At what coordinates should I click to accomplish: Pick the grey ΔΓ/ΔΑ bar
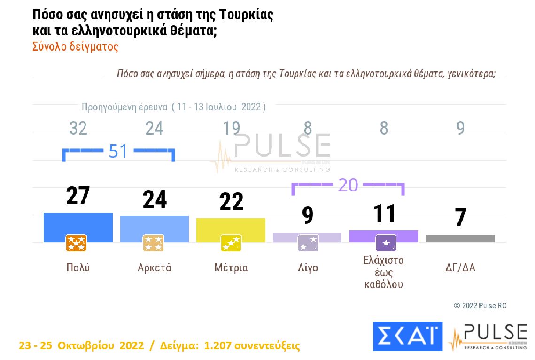coord(460,238)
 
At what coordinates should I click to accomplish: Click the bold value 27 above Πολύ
coord(78,196)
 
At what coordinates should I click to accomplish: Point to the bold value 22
coord(231,201)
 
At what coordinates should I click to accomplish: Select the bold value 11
coord(384,214)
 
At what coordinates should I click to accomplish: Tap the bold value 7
coord(461,217)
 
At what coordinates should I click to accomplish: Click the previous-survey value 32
coord(78,128)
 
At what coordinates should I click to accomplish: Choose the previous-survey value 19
coord(231,128)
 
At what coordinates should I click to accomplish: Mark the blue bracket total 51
coord(118,152)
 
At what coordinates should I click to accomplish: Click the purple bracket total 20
coord(348,185)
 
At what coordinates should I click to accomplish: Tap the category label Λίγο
coord(308,268)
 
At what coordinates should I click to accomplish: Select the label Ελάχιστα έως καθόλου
coord(384,272)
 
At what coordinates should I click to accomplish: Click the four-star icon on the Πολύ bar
coord(76,243)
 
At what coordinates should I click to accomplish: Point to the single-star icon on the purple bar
coord(386,243)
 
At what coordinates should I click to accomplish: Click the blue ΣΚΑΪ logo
coord(408,336)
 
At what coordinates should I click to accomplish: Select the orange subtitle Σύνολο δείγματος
coord(75,47)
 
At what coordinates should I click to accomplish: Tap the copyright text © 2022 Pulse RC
coord(480,306)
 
